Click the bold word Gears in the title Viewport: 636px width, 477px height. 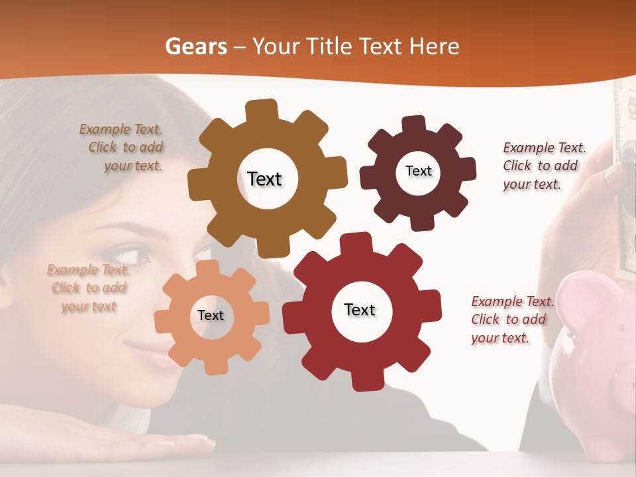point(195,46)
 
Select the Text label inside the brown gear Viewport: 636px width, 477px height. point(264,179)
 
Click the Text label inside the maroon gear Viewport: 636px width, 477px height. point(418,171)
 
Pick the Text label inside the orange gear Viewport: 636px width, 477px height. point(211,315)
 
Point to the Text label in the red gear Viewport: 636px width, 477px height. point(360,309)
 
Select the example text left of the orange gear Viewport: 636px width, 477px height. point(88,288)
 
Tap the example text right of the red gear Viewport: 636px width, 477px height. point(511,319)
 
